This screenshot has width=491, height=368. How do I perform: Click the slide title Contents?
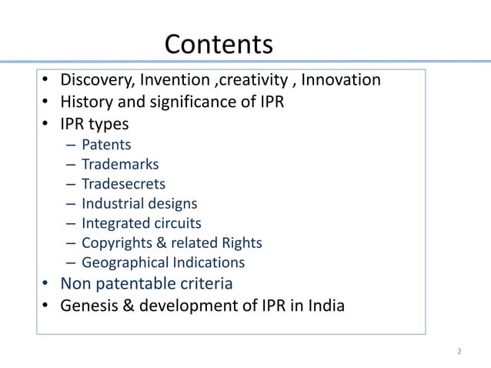click(219, 44)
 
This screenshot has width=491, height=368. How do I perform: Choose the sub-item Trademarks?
click(120, 164)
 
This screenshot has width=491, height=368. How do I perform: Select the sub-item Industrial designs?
click(139, 204)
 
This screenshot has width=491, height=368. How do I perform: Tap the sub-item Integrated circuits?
click(141, 223)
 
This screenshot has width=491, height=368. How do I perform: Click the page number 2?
click(459, 352)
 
